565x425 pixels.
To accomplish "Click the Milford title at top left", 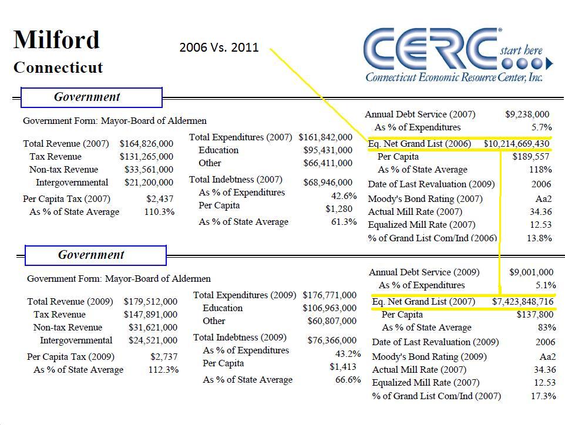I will (56, 40).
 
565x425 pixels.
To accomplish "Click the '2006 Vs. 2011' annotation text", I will (219, 48).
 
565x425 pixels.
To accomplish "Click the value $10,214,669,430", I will (516, 144).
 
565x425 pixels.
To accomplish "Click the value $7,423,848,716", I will (523, 302).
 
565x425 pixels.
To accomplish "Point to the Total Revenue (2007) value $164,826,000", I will (146, 144).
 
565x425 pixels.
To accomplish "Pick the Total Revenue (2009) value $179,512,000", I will (150, 302).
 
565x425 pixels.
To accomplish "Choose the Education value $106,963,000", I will (329, 308).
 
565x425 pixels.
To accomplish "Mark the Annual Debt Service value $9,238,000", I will (527, 114).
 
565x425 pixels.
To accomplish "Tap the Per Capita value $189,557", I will (532, 157).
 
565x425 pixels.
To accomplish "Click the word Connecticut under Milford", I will (58, 68).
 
